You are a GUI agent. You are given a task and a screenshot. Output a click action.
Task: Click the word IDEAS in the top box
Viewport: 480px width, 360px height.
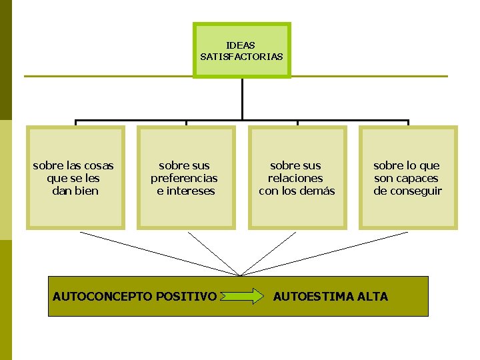[241, 45]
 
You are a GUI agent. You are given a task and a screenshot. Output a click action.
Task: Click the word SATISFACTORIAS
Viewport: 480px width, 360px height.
[241, 57]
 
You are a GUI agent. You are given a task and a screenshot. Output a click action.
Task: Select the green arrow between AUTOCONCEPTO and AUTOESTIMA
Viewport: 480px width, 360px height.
[241, 296]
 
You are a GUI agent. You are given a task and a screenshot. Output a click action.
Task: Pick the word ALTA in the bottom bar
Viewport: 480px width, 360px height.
[375, 296]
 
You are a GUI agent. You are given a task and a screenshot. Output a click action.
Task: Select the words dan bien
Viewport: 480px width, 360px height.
[75, 191]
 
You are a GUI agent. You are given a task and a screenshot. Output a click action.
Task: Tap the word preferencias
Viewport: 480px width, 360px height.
[184, 178]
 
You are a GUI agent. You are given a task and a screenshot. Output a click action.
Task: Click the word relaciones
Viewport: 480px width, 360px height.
[295, 178]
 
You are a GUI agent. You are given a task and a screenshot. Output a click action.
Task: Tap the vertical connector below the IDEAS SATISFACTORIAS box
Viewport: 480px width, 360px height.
[242, 100]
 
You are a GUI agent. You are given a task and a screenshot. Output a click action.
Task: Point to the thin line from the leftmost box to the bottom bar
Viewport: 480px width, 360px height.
[160, 253]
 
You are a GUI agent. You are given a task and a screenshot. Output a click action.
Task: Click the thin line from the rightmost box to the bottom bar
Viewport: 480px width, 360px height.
[327, 253]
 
